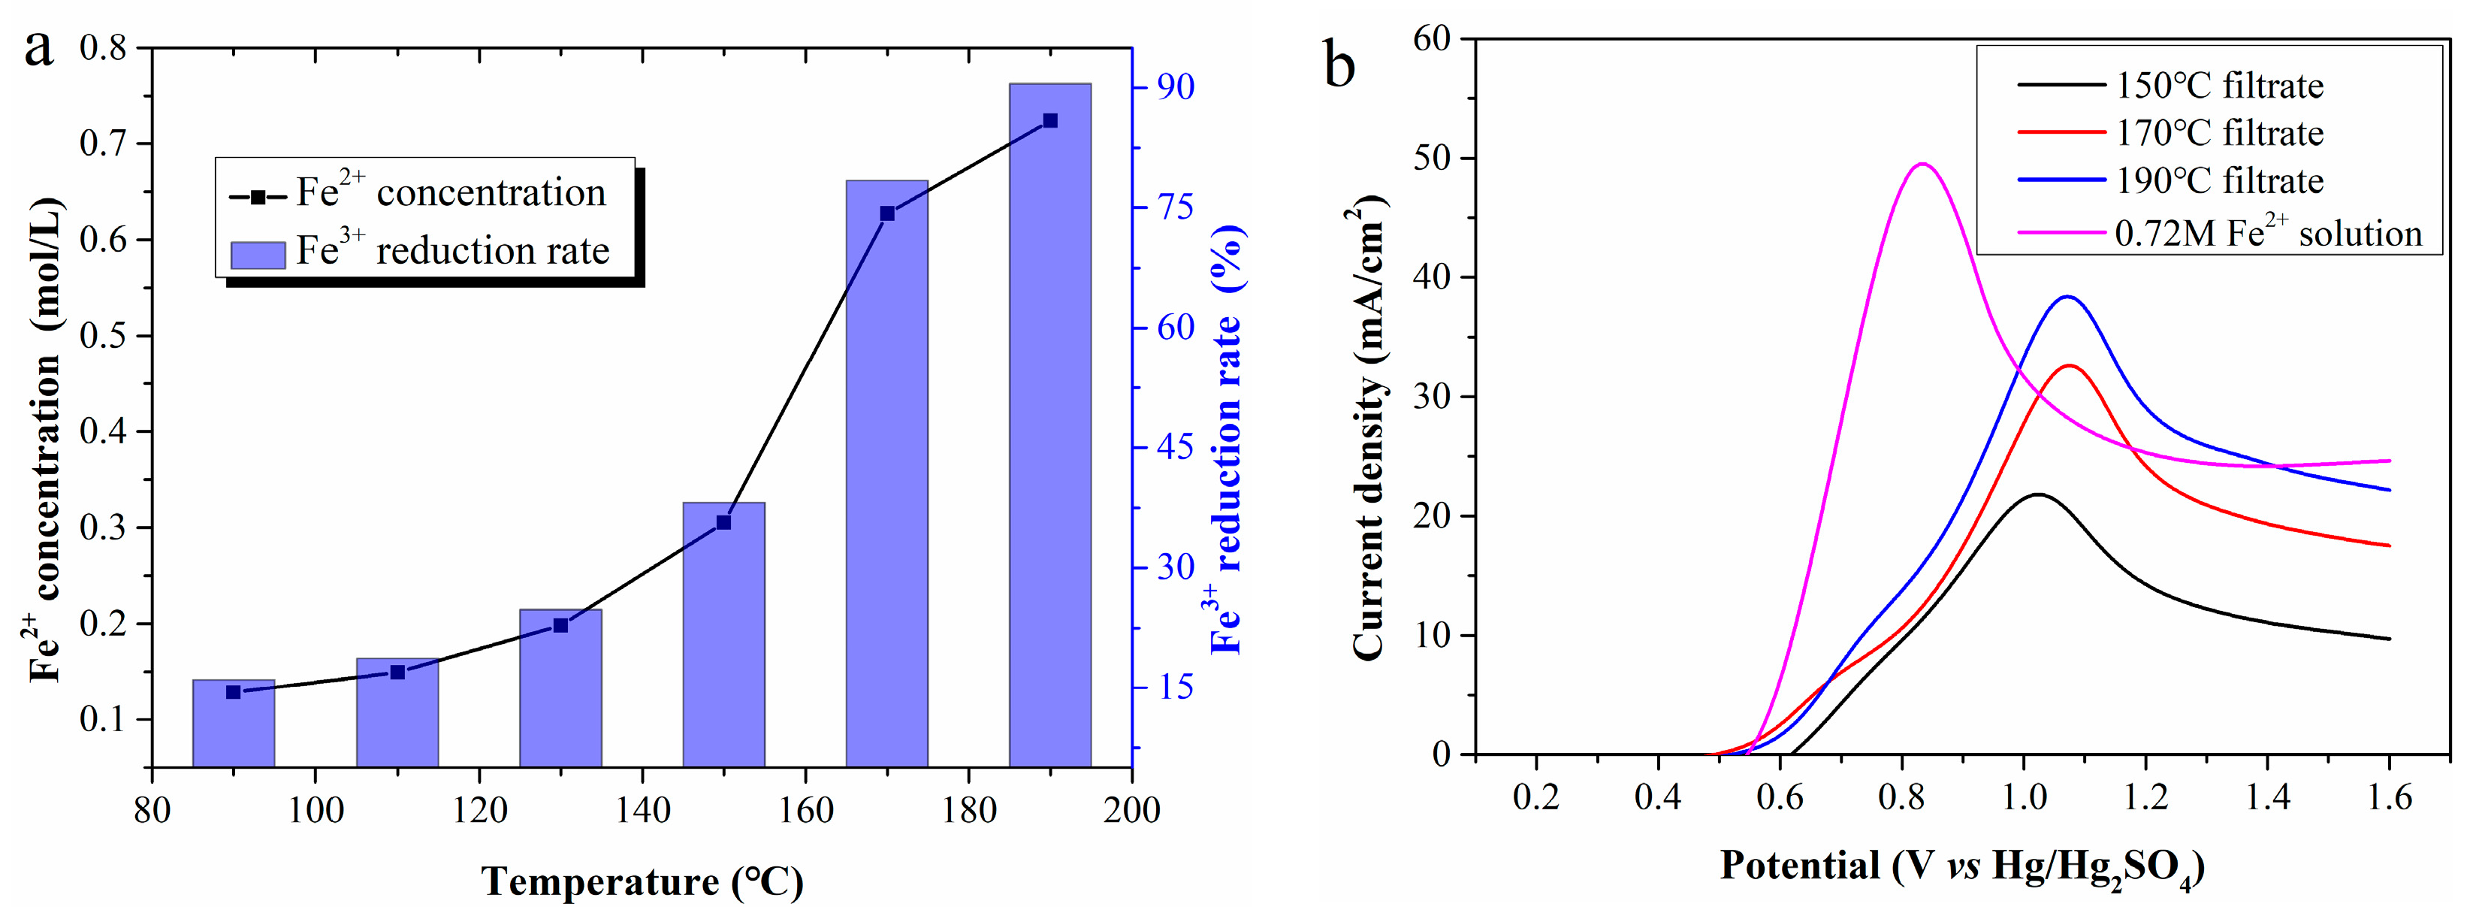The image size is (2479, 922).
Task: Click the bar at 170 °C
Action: click(x=886, y=472)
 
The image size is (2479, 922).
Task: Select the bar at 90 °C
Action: click(x=234, y=723)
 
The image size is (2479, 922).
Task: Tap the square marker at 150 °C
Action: click(x=723, y=522)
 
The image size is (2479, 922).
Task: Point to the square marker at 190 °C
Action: click(x=1050, y=121)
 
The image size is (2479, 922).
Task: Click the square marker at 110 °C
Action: click(x=397, y=672)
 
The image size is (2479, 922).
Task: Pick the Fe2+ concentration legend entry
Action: click(x=418, y=193)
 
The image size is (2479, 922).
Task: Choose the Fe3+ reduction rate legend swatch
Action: click(x=258, y=254)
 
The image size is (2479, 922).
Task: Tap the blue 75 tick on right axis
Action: click(x=1175, y=207)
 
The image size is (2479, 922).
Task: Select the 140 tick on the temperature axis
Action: click(x=642, y=810)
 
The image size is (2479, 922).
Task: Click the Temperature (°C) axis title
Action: click(x=642, y=881)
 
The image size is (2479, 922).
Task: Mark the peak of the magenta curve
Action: click(x=1922, y=165)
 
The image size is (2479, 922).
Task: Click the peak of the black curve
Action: click(x=2037, y=494)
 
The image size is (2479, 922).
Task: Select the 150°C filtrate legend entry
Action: click(x=2171, y=86)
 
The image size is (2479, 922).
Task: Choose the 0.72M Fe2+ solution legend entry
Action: click(x=2219, y=233)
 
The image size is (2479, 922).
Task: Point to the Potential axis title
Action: click(x=1961, y=866)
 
